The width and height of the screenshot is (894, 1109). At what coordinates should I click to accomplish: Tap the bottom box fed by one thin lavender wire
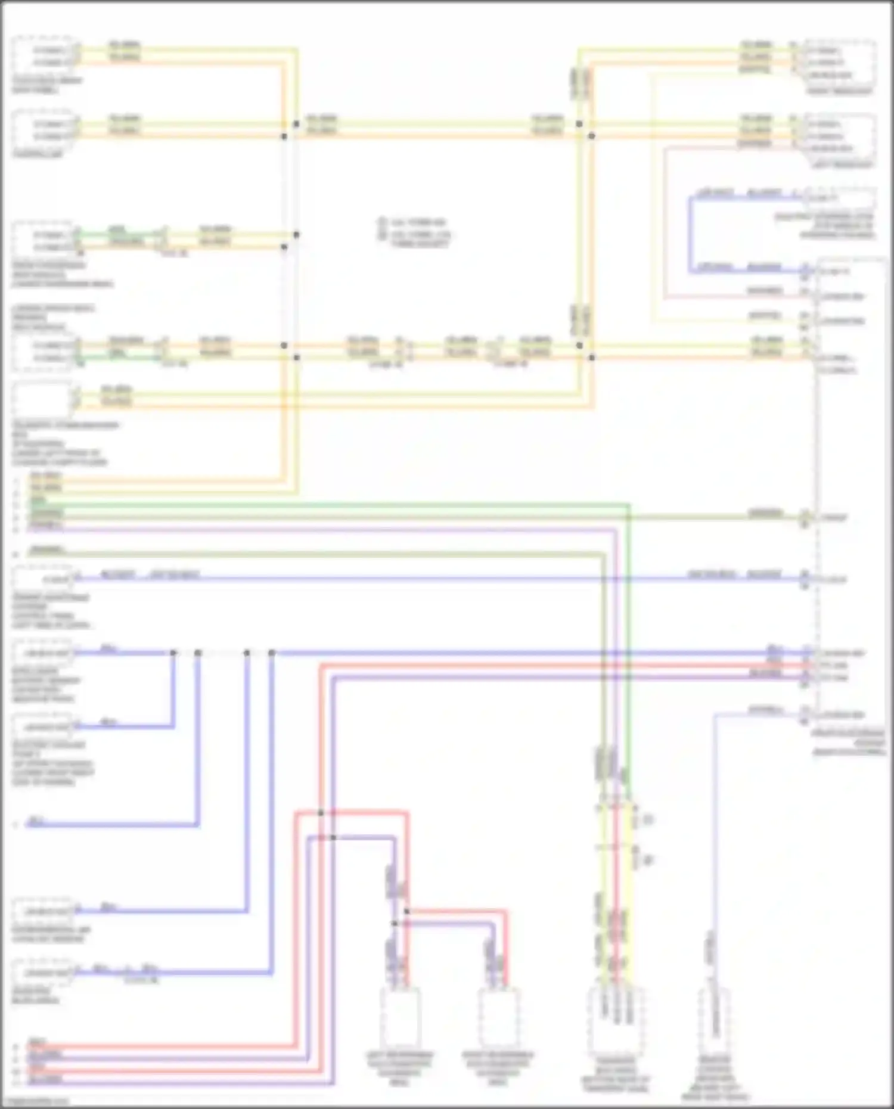point(714,1021)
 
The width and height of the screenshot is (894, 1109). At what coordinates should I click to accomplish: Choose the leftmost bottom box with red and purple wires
point(400,1020)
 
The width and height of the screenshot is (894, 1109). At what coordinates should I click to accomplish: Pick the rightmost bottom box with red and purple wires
point(499,1020)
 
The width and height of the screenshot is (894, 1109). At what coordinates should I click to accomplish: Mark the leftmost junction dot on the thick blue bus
point(173,653)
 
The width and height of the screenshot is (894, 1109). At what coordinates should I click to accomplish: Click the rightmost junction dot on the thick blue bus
point(272,653)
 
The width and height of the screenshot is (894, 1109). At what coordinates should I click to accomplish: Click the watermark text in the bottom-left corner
point(36,1102)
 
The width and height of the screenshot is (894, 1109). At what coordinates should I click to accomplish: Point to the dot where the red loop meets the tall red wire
point(321,813)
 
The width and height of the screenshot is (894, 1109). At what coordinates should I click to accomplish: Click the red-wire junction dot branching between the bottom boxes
point(406,911)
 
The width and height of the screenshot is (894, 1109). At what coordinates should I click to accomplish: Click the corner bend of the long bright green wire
point(629,505)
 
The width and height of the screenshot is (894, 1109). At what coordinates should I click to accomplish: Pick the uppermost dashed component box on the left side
point(42,55)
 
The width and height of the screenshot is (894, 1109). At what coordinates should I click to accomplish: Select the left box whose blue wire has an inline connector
point(42,973)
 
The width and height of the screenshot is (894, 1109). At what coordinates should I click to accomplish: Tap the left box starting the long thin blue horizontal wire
point(42,578)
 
